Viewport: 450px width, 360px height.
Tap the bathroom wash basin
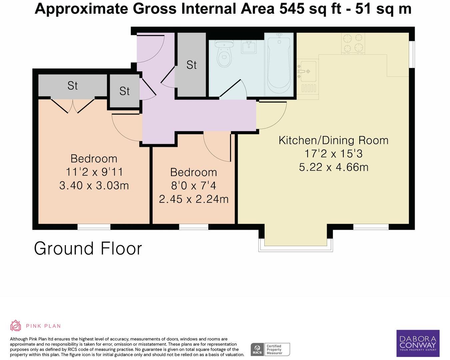pos(248,47)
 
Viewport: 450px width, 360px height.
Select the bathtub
pos(279,65)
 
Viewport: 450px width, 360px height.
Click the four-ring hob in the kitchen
pos(353,43)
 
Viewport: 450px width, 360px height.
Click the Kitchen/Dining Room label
pos(333,140)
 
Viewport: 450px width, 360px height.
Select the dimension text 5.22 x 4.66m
pos(333,167)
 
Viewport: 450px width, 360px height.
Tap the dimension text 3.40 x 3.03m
pos(94,185)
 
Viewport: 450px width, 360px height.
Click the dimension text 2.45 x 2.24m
pos(194,199)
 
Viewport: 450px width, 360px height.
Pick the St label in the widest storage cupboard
pos(72,86)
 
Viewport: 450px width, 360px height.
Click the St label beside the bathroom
pos(191,65)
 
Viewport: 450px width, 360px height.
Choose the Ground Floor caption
pos(88,249)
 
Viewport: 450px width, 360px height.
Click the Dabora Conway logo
pos(418,343)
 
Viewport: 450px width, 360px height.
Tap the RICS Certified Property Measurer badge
pos(270,350)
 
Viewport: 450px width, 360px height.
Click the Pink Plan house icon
pos(15,325)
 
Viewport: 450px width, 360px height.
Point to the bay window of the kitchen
pos(295,248)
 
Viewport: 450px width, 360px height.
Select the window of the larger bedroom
pos(94,227)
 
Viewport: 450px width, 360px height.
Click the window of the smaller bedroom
pos(193,227)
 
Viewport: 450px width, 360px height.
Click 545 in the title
pos(292,9)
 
